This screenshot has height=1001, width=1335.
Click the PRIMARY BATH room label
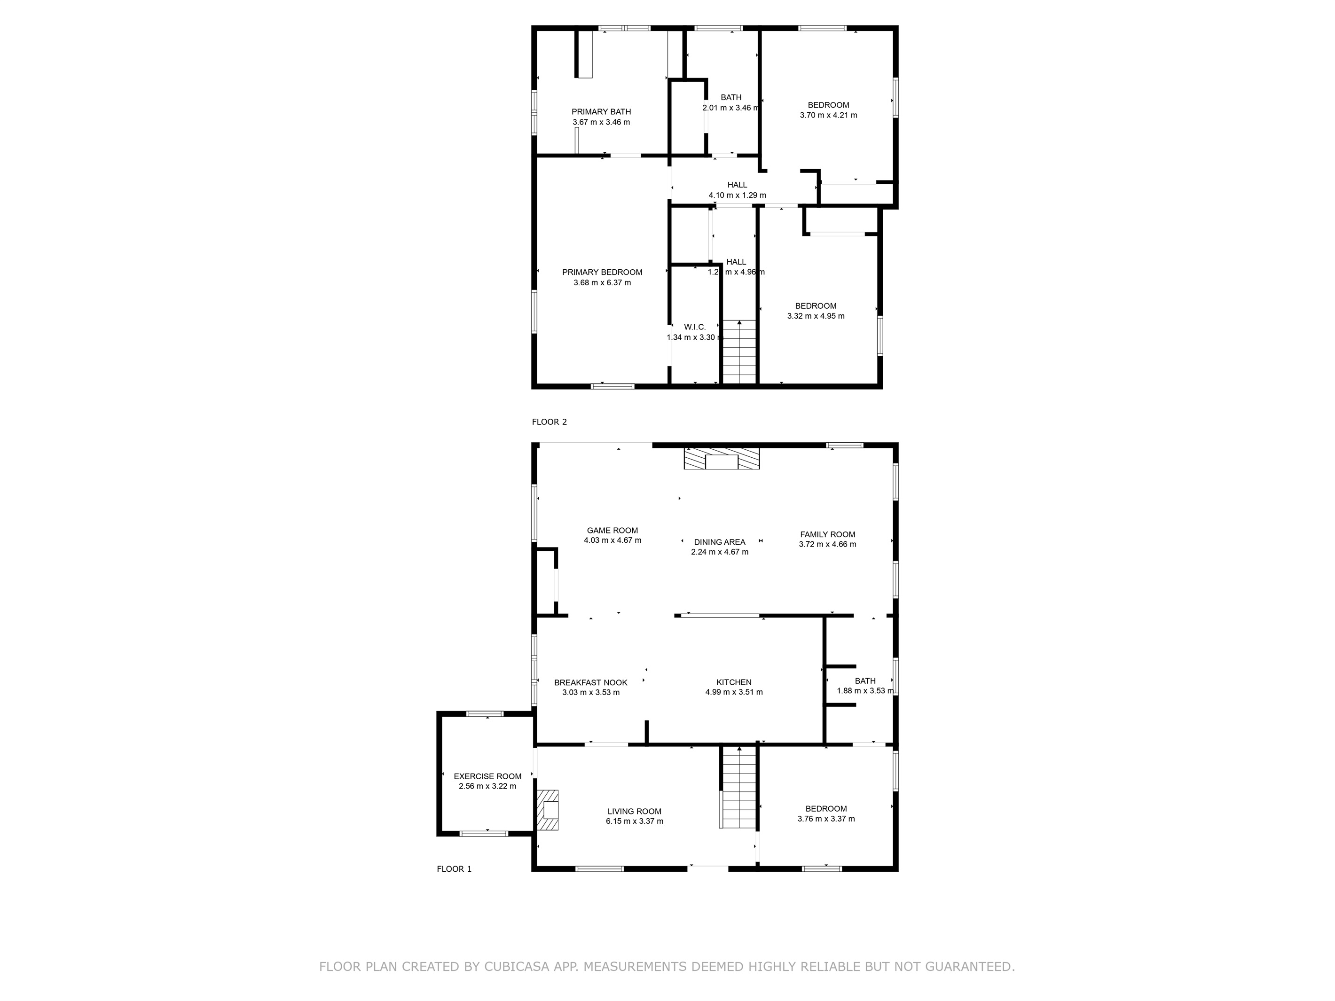[x=601, y=112]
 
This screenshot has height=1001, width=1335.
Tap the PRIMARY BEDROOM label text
[x=602, y=272]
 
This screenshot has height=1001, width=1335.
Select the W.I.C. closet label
[x=695, y=327]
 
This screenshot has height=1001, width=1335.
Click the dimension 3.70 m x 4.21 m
[x=828, y=115]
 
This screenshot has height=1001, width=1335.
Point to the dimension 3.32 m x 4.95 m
[x=816, y=316]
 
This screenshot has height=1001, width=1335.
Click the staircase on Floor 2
[x=739, y=352]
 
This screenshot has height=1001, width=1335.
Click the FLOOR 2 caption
[x=549, y=422]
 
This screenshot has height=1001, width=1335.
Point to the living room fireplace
[x=549, y=810]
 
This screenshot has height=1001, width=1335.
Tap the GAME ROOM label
[x=613, y=531]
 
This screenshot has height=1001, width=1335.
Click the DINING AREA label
[x=719, y=542]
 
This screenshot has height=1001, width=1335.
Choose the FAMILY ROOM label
[x=827, y=534]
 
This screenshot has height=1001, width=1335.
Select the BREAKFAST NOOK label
[x=591, y=682]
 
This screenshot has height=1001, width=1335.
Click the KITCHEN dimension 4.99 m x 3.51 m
[x=734, y=692]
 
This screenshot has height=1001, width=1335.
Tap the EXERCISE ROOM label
[x=487, y=776]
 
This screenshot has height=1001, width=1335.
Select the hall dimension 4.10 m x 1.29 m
[x=737, y=196]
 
